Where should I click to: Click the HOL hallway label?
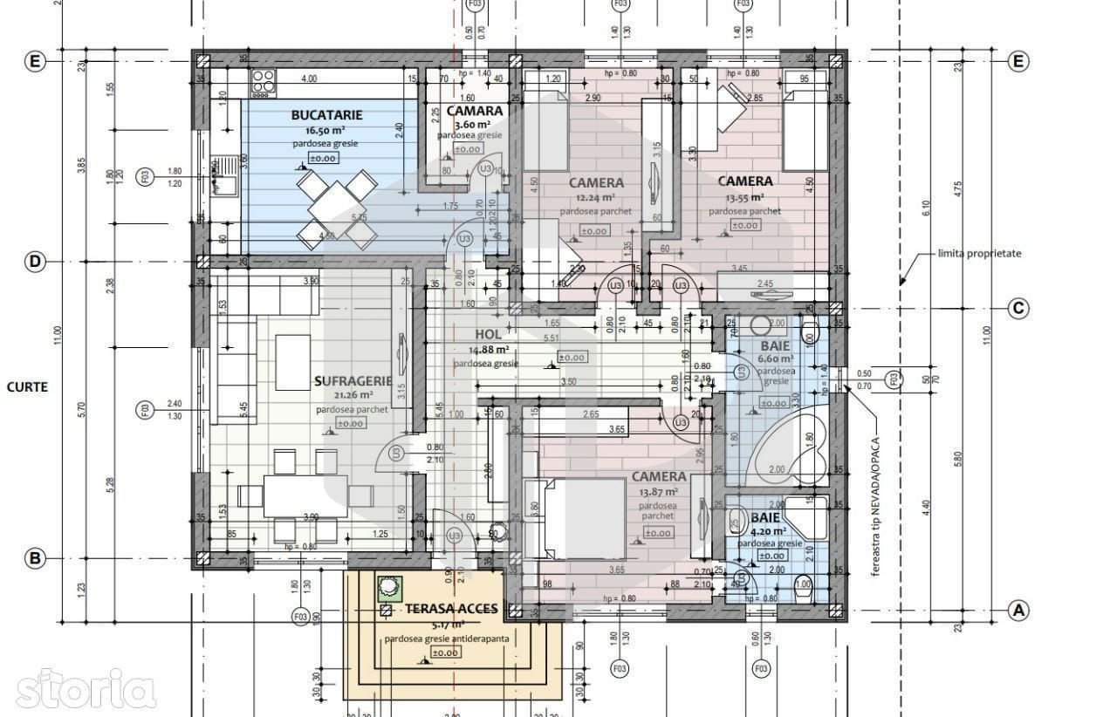click(487, 334)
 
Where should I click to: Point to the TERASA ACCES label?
click(452, 609)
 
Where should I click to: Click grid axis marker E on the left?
click(34, 62)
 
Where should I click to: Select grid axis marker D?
click(34, 262)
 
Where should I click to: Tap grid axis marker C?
click(1018, 308)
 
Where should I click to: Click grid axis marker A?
click(1018, 611)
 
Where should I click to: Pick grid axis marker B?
click(34, 559)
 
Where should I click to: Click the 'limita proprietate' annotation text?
click(978, 254)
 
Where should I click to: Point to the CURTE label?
click(27, 386)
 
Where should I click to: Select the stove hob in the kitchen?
click(261, 84)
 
